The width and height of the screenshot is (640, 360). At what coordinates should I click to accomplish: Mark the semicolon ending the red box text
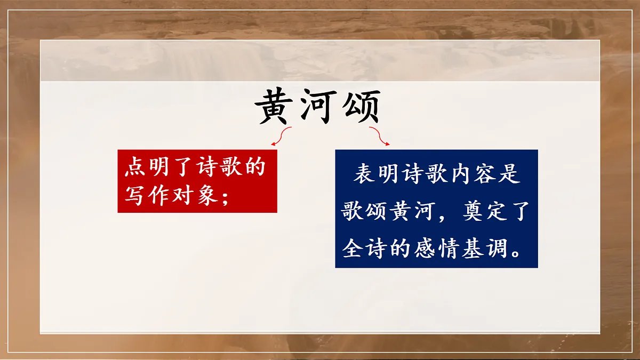(x=224, y=196)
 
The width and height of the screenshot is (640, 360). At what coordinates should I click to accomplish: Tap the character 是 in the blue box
(x=509, y=175)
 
